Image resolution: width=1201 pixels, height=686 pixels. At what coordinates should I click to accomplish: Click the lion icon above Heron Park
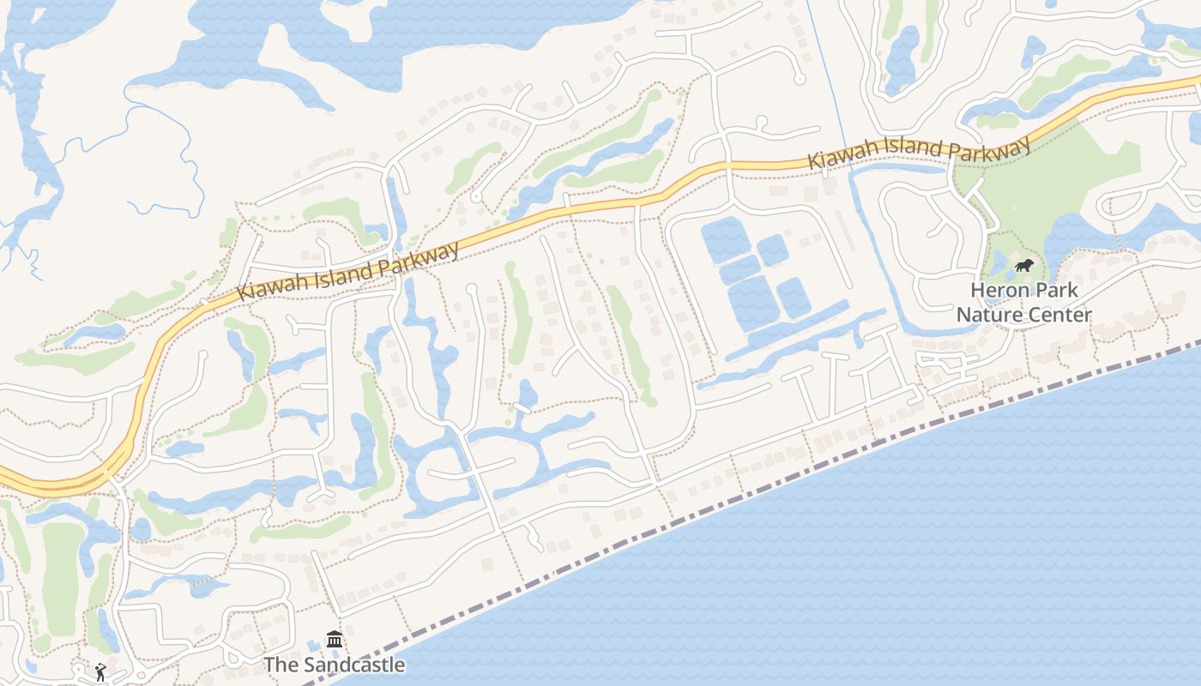tap(1023, 266)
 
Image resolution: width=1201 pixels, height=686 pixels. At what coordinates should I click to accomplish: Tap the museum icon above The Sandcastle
tap(335, 640)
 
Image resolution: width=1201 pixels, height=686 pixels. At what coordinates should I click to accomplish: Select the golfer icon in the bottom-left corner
tap(100, 672)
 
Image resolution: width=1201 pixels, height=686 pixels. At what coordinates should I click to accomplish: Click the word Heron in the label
tap(997, 290)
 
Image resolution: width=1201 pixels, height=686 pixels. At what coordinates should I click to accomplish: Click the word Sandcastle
tap(352, 665)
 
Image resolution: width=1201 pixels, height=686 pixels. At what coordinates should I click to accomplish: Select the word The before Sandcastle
tap(280, 665)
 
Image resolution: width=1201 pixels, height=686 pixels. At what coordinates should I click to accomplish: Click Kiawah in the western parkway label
tap(268, 286)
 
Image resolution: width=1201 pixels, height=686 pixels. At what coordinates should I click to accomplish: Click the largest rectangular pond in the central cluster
tap(751, 303)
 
